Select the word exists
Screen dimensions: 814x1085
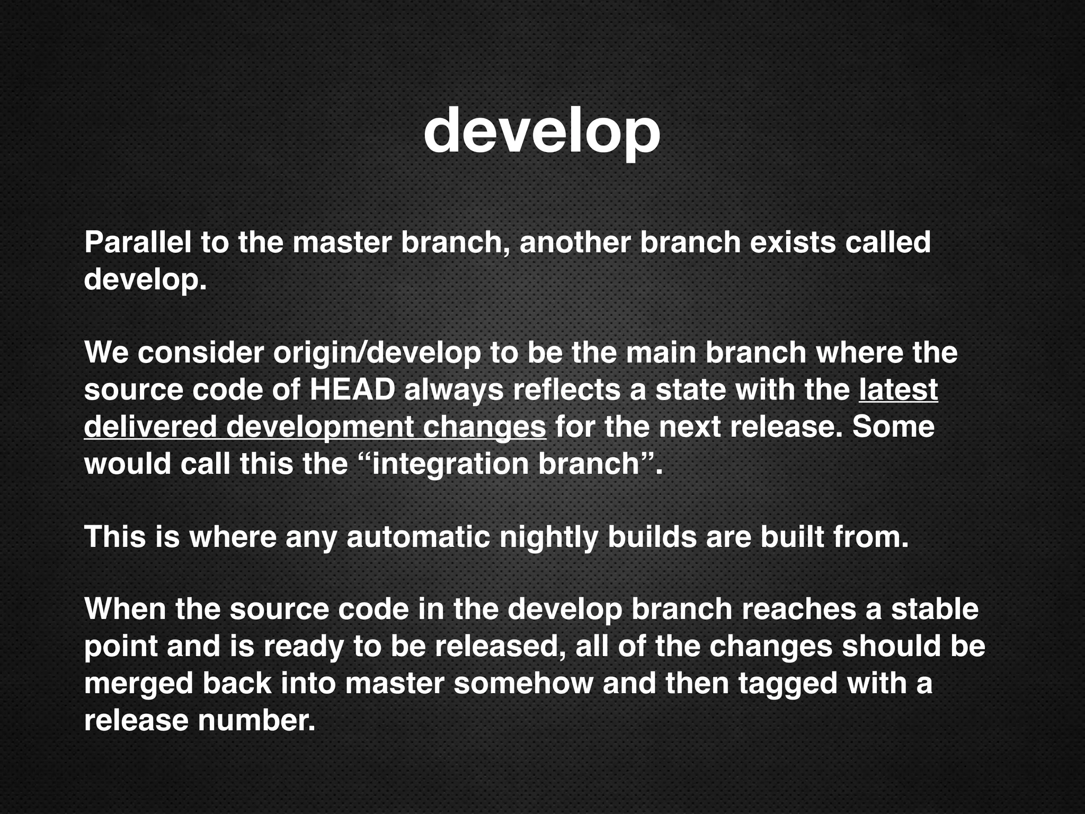point(793,242)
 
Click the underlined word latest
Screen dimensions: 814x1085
point(899,390)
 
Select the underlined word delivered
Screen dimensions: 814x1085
point(150,427)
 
